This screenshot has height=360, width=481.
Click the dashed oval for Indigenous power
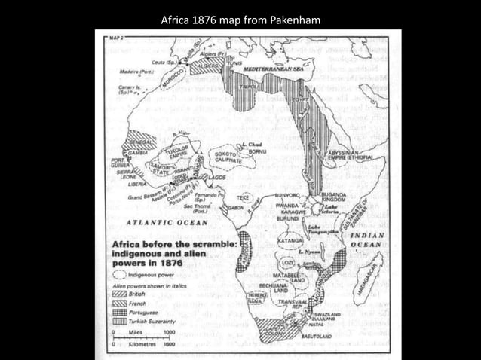pyautogui.click(x=120, y=276)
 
